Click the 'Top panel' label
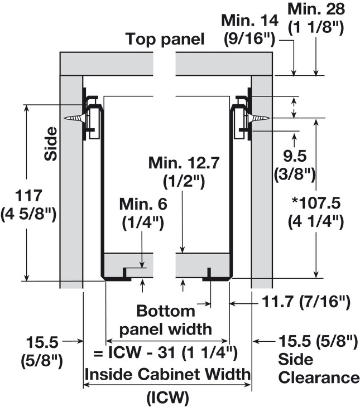[165, 39]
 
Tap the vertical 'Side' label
[50, 143]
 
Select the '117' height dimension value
[28, 196]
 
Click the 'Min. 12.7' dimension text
[184, 163]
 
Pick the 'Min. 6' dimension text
[143, 204]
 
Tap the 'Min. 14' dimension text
[249, 21]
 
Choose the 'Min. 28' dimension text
[316, 9]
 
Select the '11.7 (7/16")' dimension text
[306, 302]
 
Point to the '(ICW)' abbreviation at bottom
[167, 397]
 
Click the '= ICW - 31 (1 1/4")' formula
[166, 353]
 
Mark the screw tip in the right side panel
[269, 118]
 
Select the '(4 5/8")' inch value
[28, 215]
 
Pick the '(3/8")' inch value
[295, 175]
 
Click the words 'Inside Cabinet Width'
[167, 374]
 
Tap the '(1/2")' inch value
[184, 182]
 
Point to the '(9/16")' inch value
[249, 40]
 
